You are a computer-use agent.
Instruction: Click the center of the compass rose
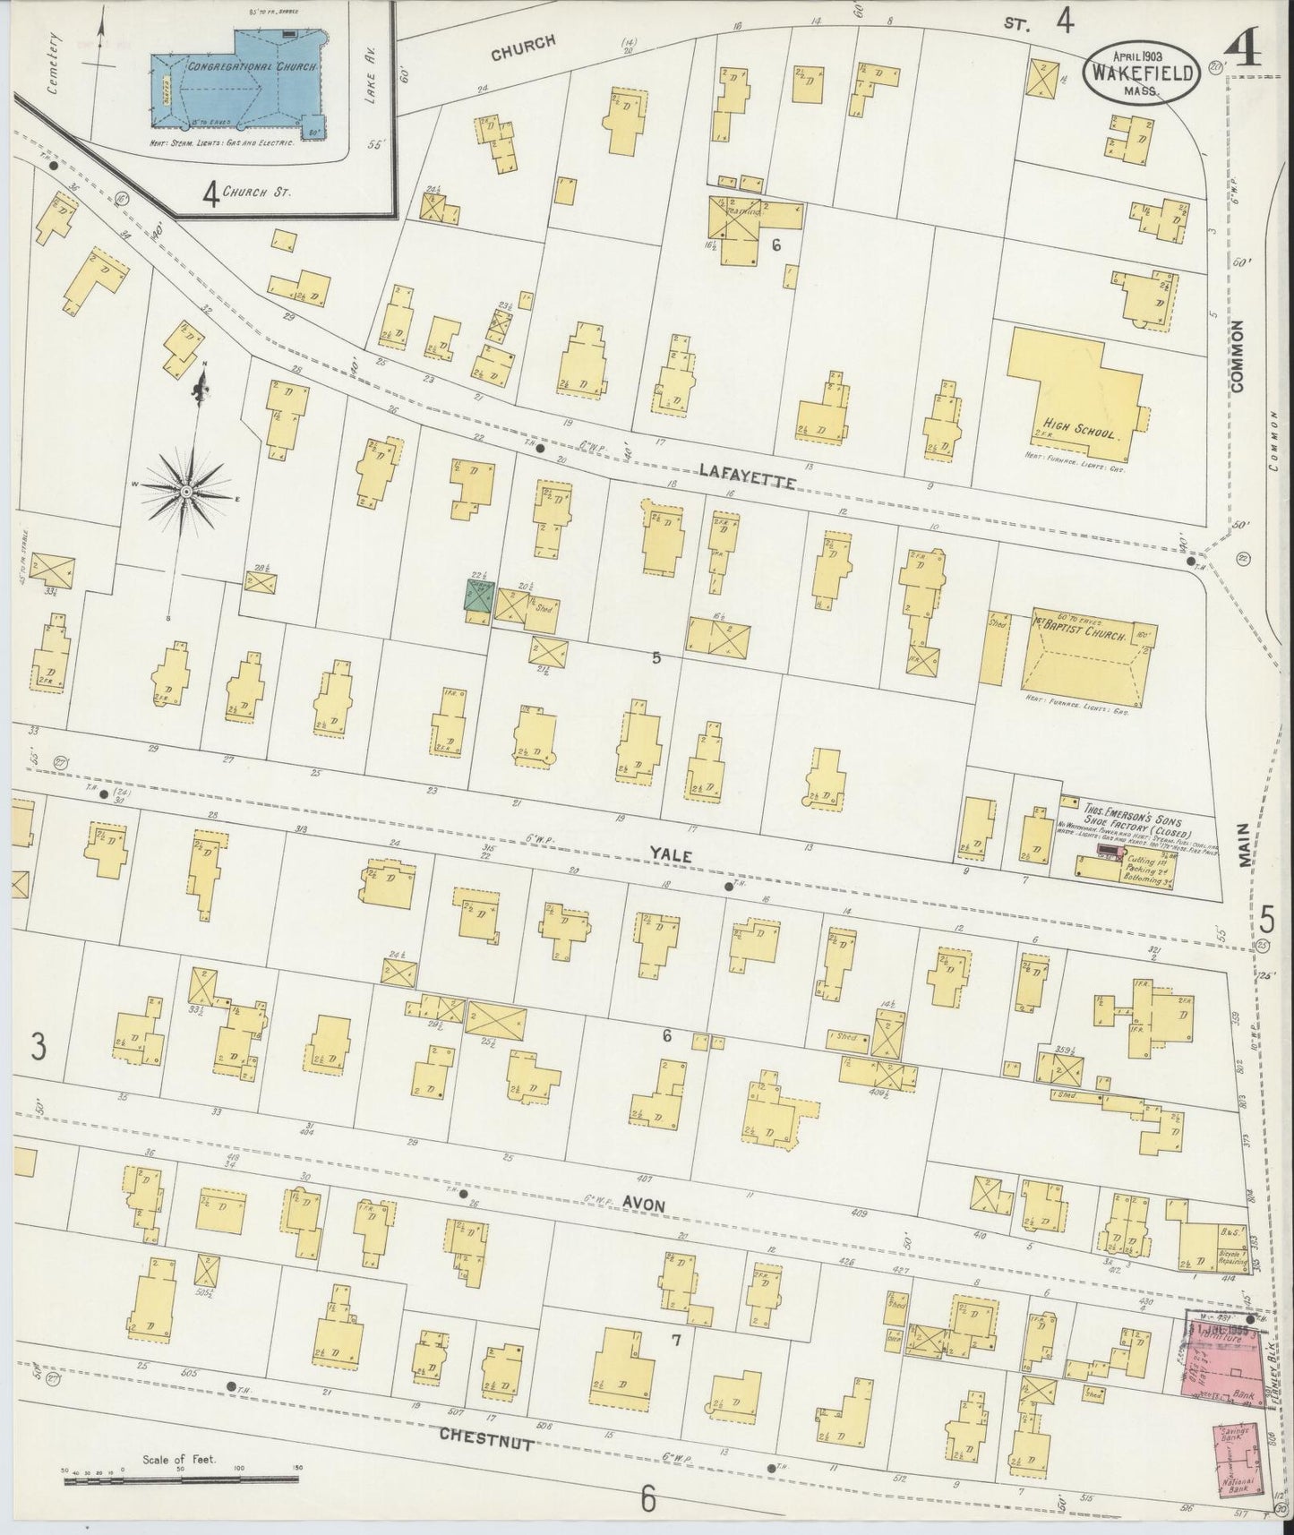tap(186, 491)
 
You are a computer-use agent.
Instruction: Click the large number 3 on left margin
tap(37, 1045)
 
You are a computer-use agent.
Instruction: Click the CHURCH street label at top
tap(523, 47)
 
